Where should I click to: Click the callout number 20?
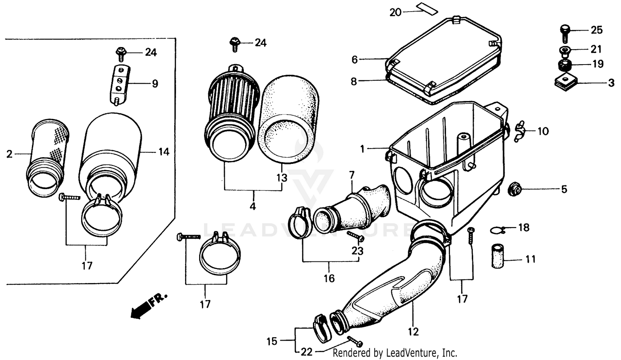(395, 12)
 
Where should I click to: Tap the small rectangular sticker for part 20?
(428, 8)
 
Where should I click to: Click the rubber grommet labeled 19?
(564, 65)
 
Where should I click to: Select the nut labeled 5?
(513, 190)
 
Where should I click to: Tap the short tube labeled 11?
(497, 257)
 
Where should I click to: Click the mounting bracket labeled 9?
(119, 84)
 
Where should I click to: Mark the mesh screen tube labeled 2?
(46, 157)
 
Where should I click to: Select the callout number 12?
(413, 331)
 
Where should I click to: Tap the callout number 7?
(352, 175)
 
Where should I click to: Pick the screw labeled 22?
(355, 342)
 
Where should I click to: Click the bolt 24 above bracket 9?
(120, 53)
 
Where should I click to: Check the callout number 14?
(164, 152)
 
